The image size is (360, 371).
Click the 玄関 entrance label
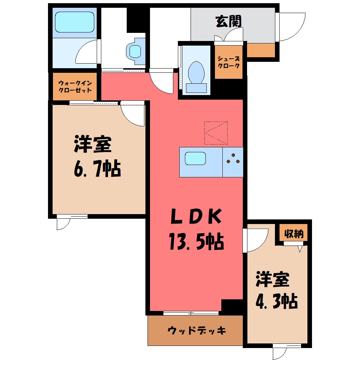(228, 21)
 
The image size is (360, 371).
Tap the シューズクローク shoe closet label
(229, 62)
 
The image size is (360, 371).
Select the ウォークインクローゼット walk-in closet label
(75, 87)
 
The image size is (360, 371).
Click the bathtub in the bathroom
(75, 22)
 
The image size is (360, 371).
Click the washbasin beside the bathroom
(135, 51)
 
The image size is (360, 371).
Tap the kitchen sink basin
(195, 158)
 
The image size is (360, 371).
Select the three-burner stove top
(233, 162)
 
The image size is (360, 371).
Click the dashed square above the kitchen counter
(216, 133)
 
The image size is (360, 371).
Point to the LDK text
(197, 216)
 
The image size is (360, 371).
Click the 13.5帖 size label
(197, 241)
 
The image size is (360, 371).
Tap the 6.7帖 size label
(97, 169)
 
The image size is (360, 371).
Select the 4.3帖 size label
(277, 301)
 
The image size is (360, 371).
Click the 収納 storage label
(294, 234)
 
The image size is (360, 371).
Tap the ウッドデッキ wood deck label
(197, 330)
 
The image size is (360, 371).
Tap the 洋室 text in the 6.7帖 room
(93, 144)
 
